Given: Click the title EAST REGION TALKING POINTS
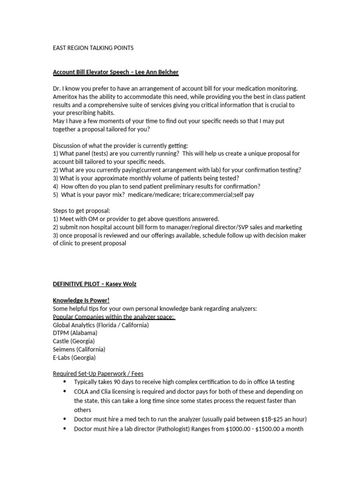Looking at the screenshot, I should click(93, 48).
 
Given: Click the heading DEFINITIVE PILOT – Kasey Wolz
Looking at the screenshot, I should click(94, 284).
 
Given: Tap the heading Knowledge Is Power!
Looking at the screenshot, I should click(81, 300).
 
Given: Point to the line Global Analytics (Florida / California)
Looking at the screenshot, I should click(101, 325).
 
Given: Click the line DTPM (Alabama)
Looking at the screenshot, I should click(75, 333).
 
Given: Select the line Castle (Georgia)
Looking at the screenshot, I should click(74, 341).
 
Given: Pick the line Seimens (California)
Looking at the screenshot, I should click(79, 349).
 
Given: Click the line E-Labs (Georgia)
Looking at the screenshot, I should click(74, 357).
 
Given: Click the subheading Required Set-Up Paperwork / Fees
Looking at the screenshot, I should click(98, 374).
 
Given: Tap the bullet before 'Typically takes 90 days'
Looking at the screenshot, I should click(64, 382).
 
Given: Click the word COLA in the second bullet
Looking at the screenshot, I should click(82, 391).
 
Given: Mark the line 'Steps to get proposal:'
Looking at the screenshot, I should click(82, 210).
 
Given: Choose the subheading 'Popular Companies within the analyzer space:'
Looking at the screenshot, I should click(113, 316).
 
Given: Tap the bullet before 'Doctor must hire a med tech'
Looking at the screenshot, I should click(64, 419).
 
